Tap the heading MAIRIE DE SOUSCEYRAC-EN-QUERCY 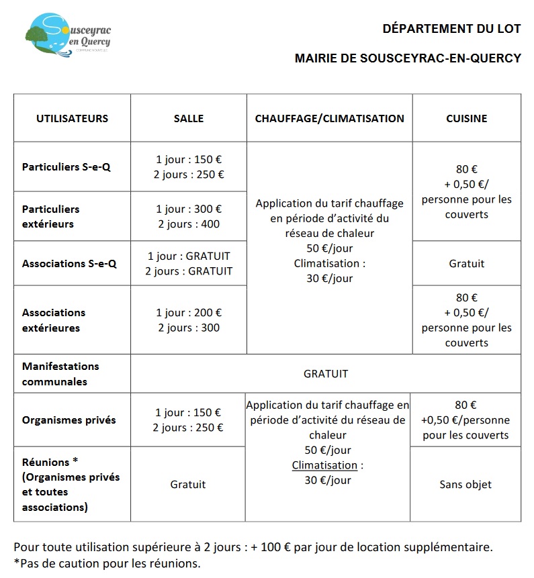[x=408, y=58]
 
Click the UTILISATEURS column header [x=72, y=118]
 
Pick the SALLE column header [x=189, y=119]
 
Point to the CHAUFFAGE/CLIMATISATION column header [x=329, y=118]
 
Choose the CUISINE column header [x=466, y=118]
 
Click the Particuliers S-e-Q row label [x=66, y=166]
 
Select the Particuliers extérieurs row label [x=50, y=216]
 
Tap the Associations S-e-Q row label [x=69, y=264]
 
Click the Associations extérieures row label [x=54, y=320]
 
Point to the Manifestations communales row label [x=60, y=374]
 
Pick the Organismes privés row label [x=69, y=420]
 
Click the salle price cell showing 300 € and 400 [x=189, y=216]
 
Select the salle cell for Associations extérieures [x=189, y=320]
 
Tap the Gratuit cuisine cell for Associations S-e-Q [x=466, y=264]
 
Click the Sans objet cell [x=465, y=484]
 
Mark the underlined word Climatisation [x=324, y=465]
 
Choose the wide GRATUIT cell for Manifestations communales [x=326, y=374]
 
